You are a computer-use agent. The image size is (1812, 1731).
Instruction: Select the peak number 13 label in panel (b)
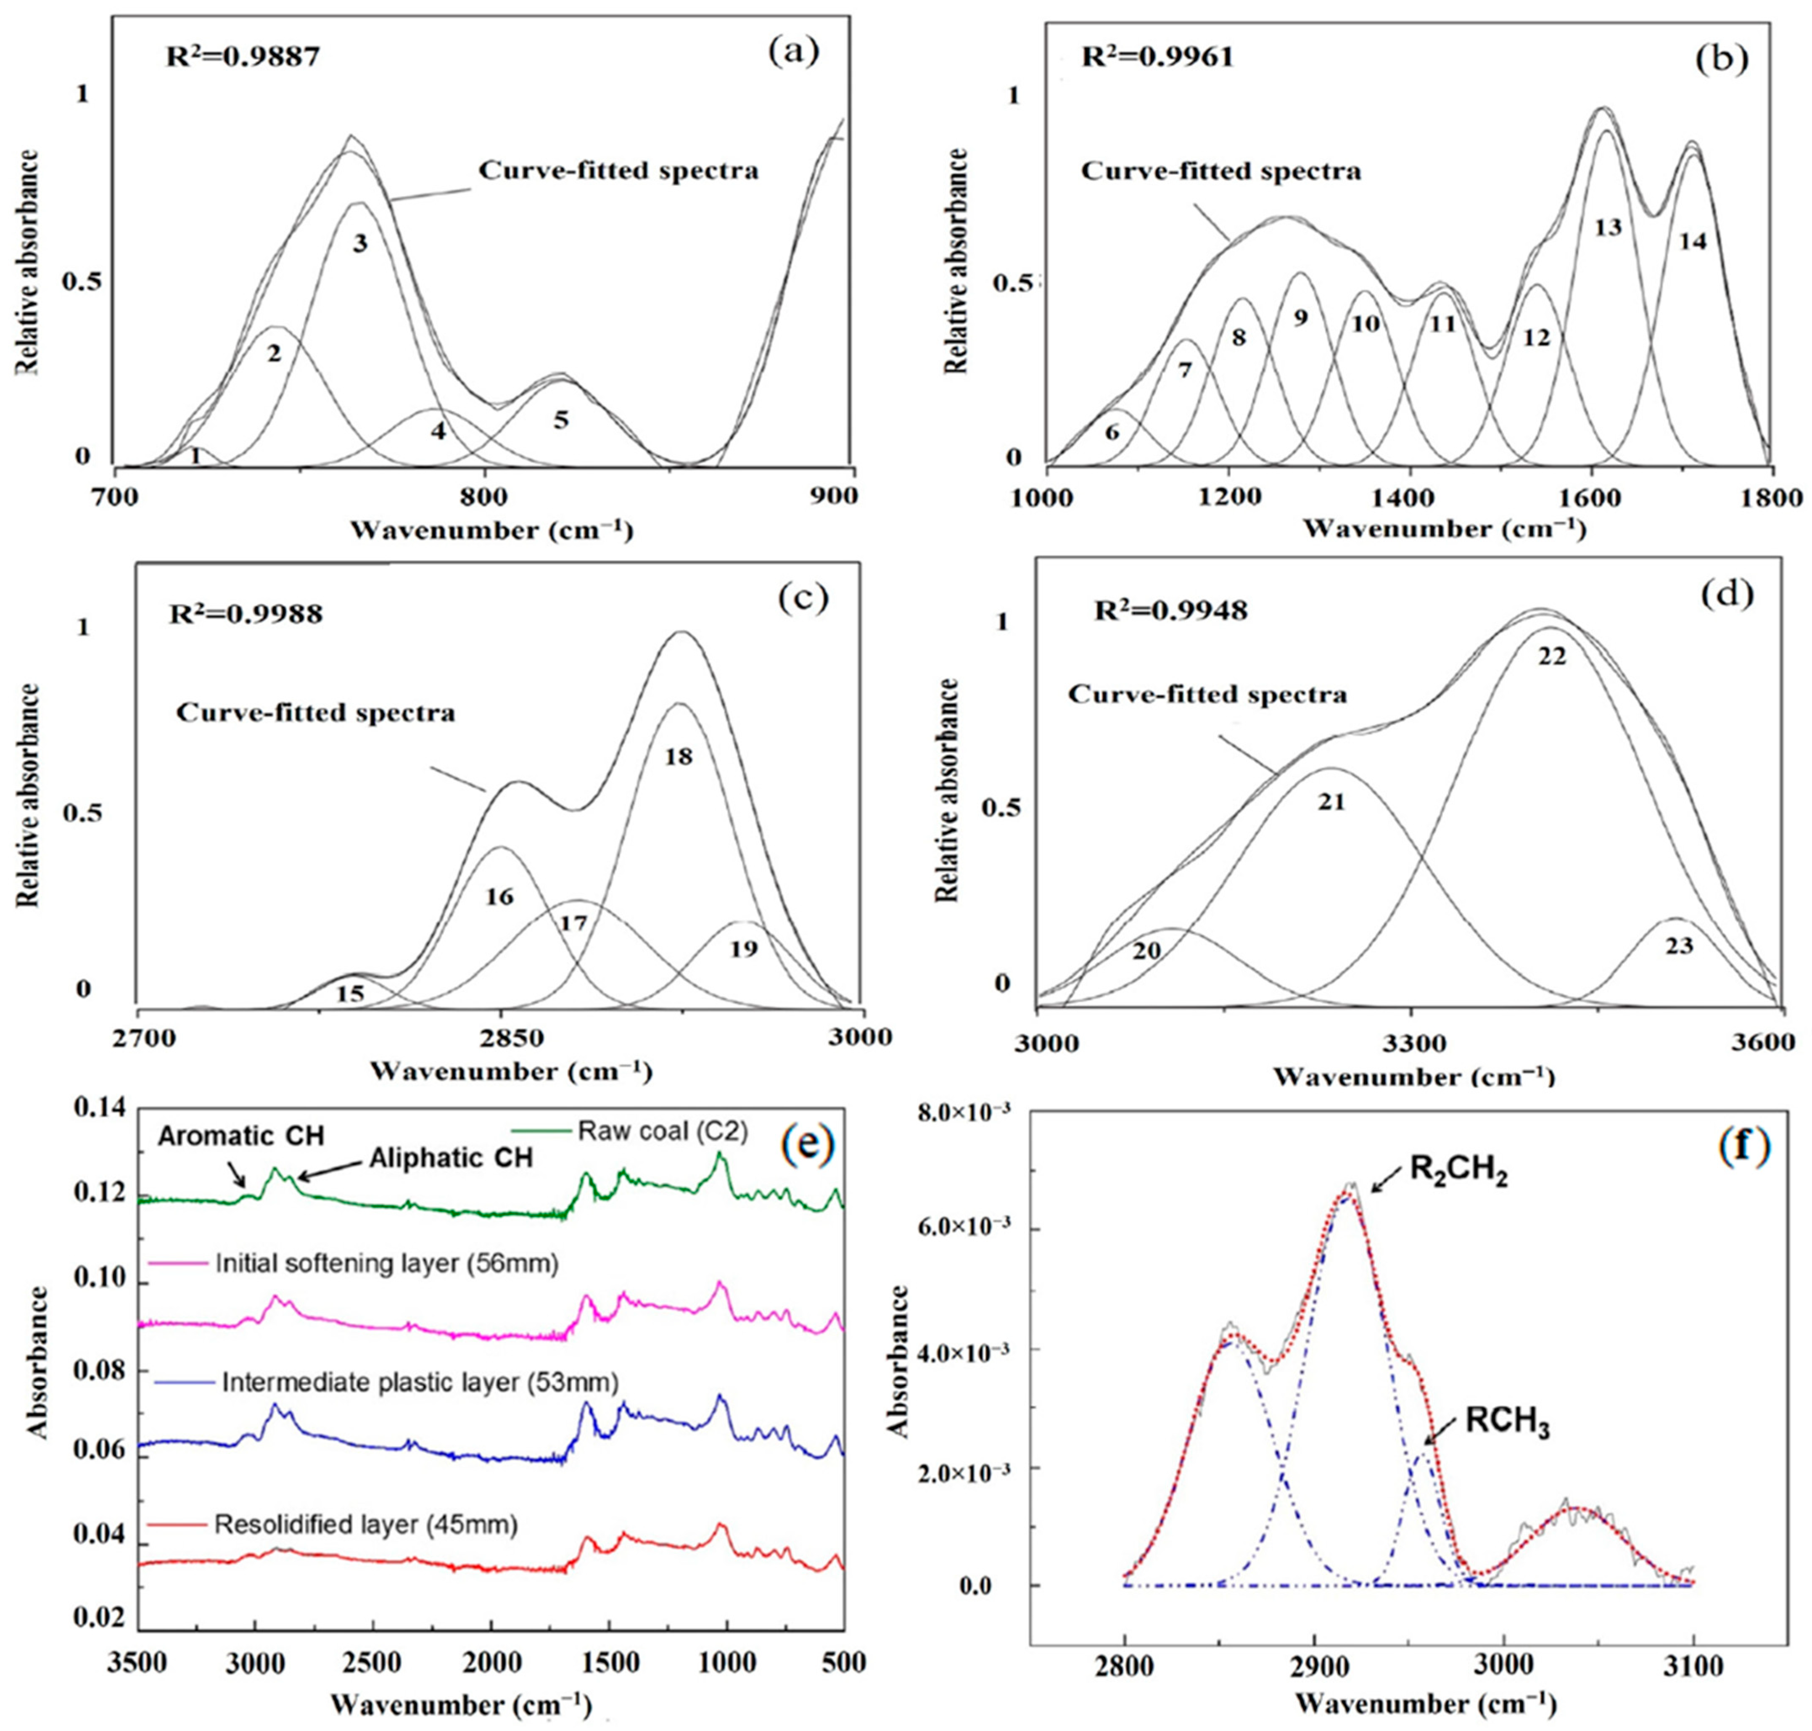1608,227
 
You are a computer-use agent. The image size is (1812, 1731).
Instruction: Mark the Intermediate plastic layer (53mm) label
420,1381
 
